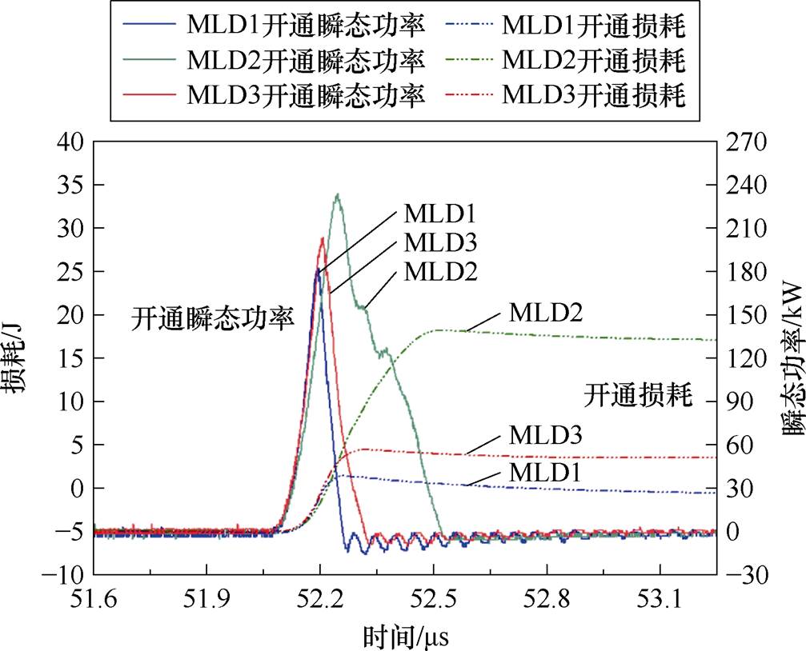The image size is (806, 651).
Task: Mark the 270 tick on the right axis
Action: click(746, 142)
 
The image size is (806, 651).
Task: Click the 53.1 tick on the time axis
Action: click(660, 595)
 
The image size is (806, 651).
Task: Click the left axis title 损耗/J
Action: click(18, 357)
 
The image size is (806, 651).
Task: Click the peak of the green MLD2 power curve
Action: click(338, 194)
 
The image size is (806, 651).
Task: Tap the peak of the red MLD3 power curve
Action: click(322, 238)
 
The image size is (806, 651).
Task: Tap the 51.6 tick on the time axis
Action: click(94, 595)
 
